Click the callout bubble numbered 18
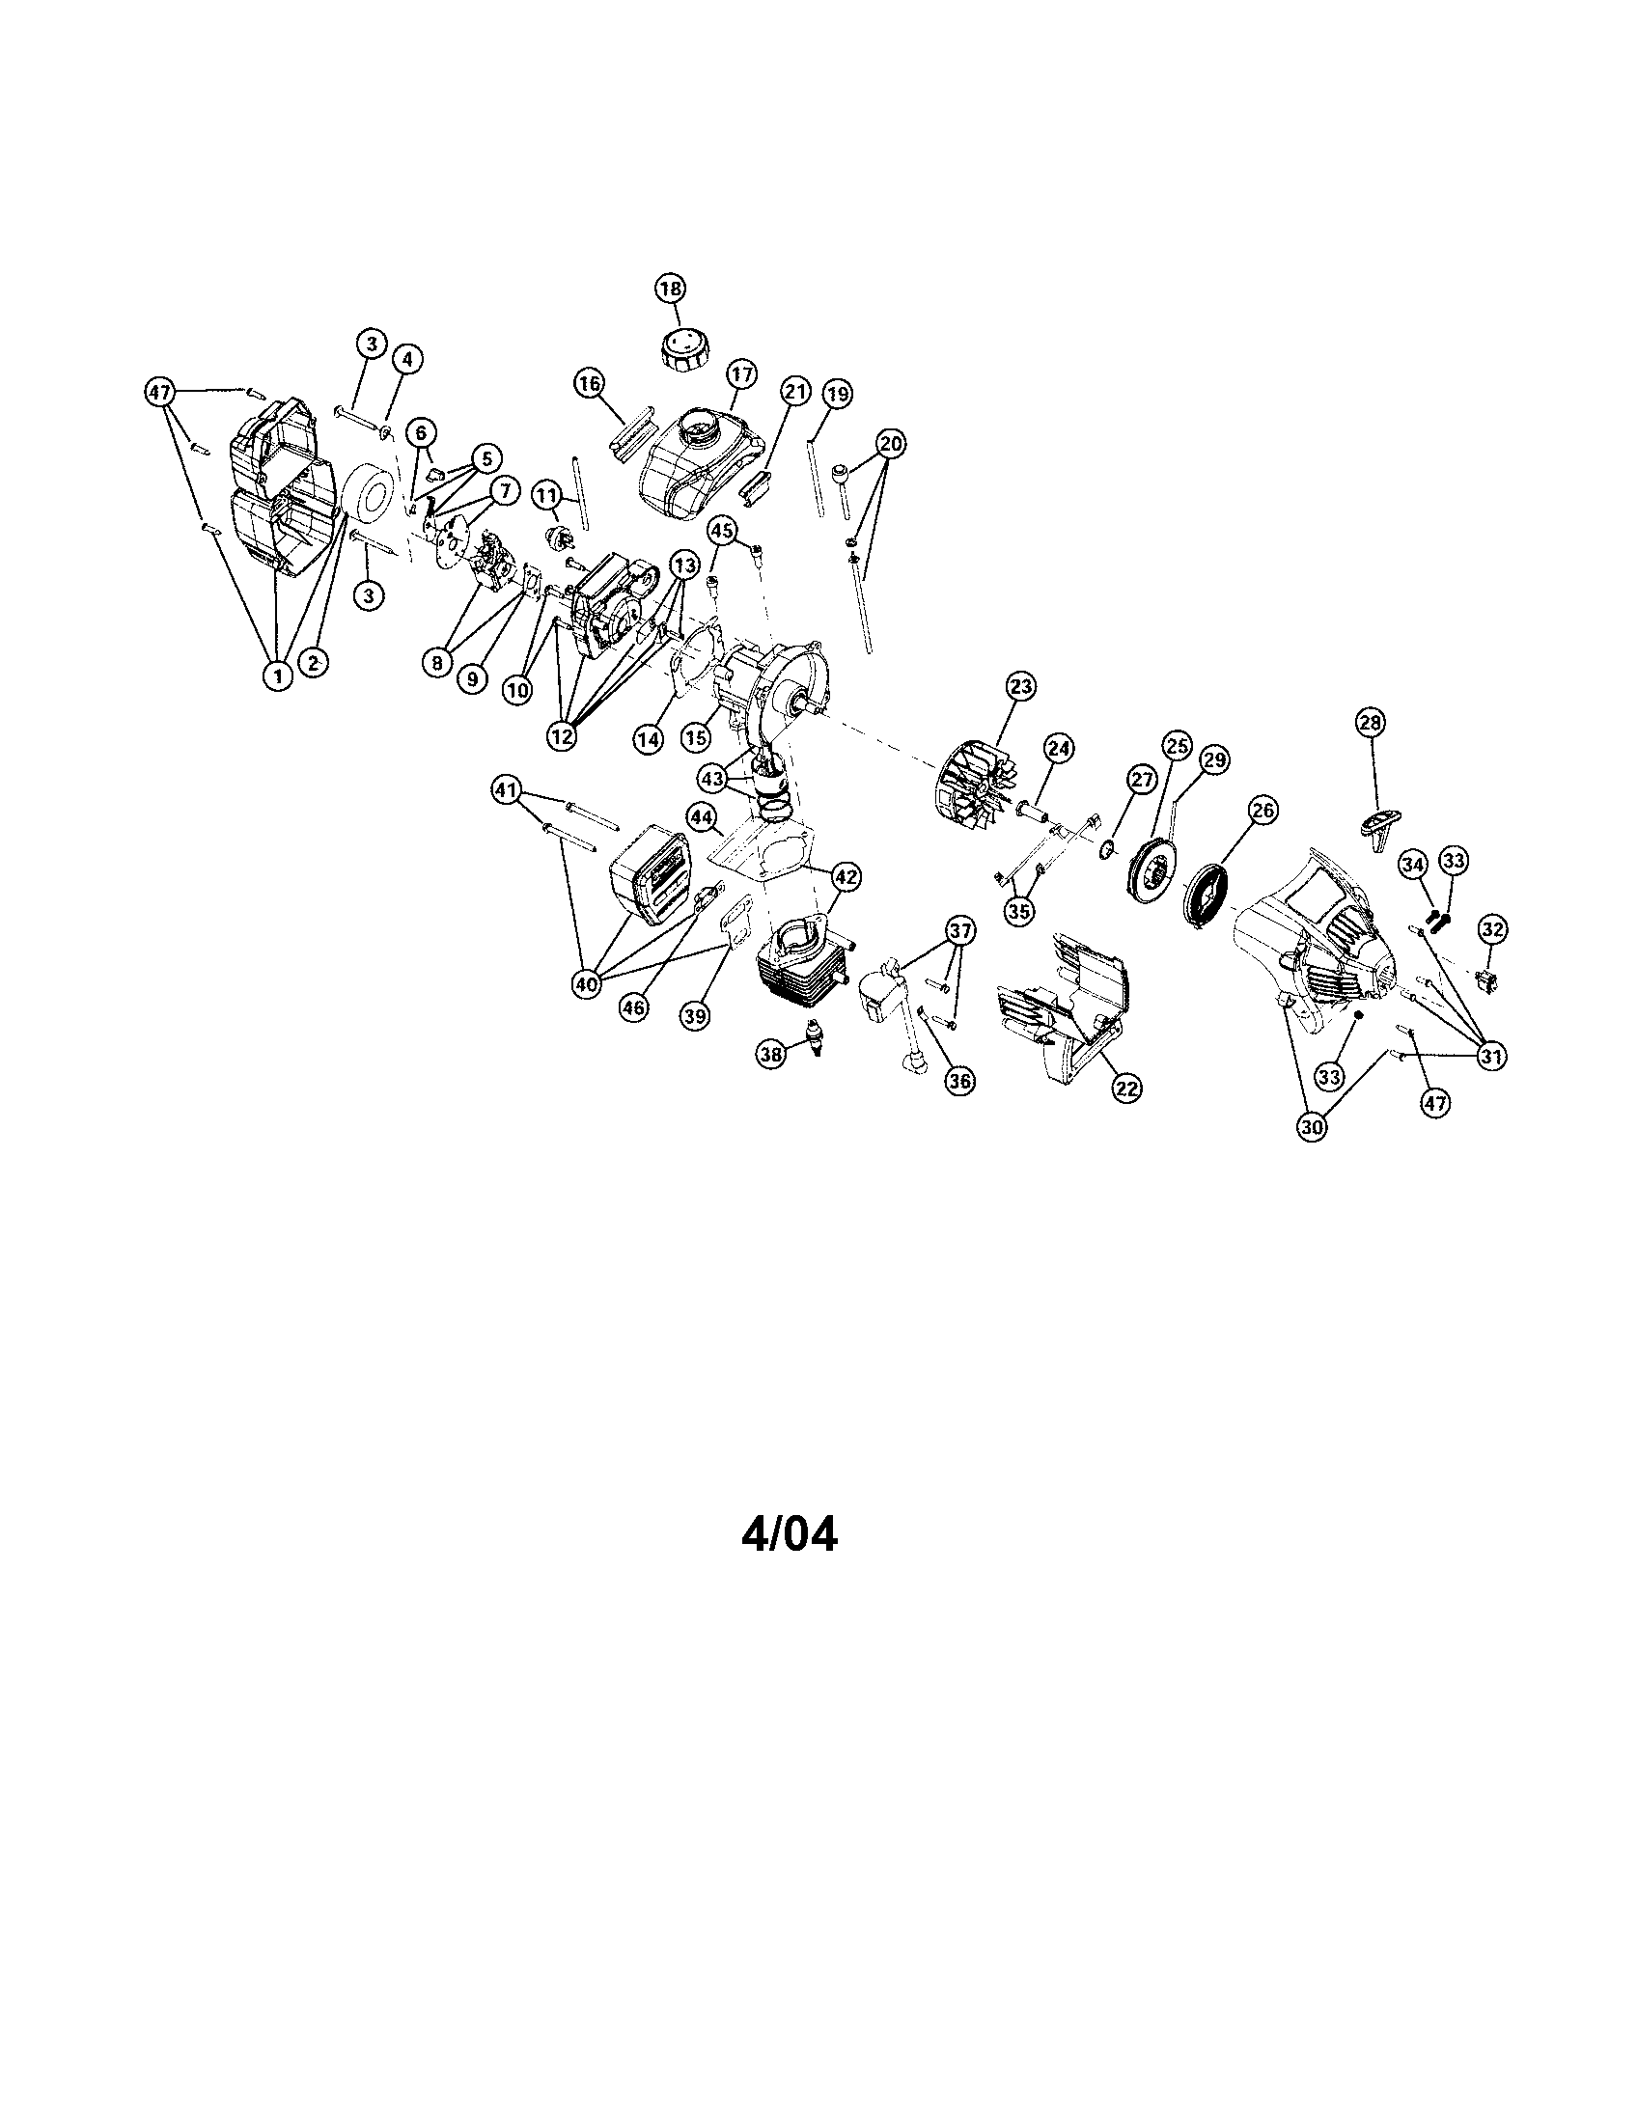click(670, 289)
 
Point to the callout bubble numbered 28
click(1372, 722)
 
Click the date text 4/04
click(790, 1533)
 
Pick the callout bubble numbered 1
click(278, 675)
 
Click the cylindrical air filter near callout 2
click(370, 499)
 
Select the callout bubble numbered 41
click(507, 791)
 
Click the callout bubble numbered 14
click(648, 739)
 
